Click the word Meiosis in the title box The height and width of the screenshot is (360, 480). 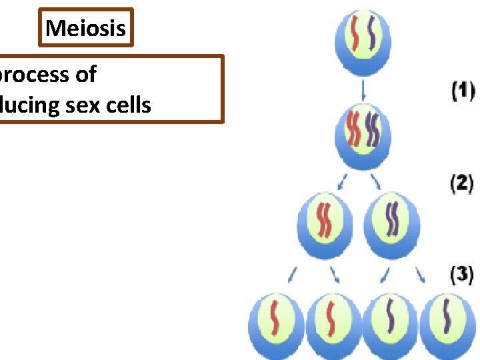point(85,28)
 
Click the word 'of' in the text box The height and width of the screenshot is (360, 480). point(85,75)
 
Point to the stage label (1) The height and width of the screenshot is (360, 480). point(463,91)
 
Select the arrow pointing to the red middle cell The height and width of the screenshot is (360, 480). point(343,181)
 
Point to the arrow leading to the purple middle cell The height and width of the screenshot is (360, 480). point(376,181)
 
